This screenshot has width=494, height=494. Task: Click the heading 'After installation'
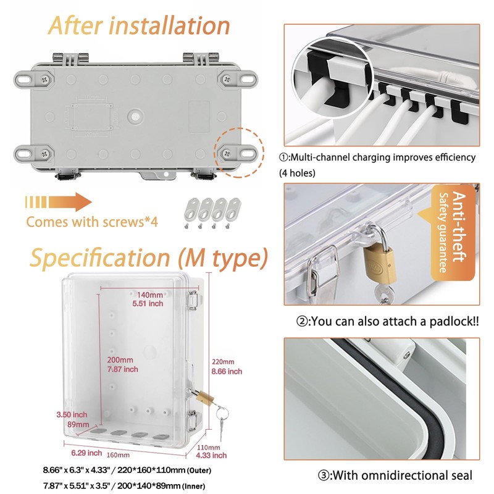140,25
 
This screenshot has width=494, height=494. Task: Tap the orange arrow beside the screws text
59,203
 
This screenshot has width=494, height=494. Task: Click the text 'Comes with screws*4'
92,222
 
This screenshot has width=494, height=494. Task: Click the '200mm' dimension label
119,360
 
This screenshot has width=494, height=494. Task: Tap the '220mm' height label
223,362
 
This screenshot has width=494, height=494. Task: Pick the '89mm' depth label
78,425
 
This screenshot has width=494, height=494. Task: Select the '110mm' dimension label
208,447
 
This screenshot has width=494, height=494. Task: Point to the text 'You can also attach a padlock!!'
387,321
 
